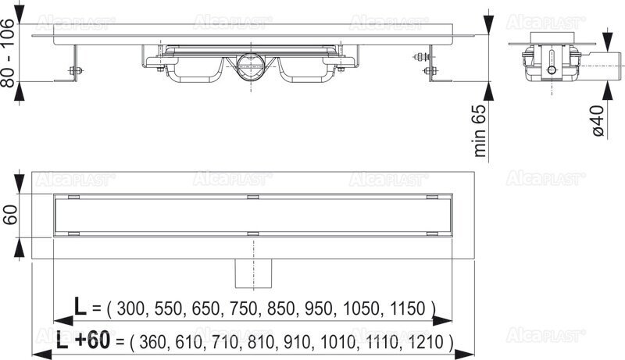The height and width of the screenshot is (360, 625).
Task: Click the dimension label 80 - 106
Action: (x=10, y=54)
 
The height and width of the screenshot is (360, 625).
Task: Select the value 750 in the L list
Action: (x=238, y=308)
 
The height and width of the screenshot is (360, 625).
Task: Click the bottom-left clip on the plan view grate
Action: (x=75, y=233)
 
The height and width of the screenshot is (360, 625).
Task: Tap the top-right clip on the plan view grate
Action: (x=433, y=195)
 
